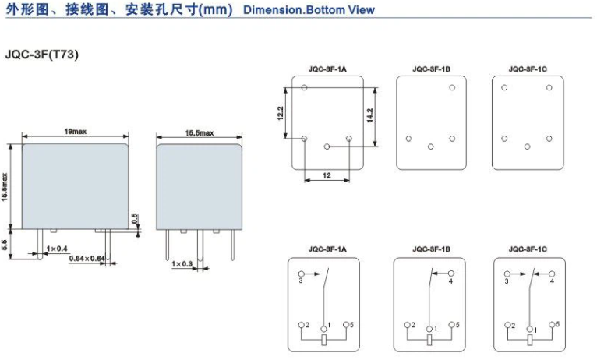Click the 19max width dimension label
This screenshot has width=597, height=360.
click(76, 131)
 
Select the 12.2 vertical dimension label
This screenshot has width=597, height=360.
click(281, 114)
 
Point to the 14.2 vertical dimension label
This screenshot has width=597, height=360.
click(369, 115)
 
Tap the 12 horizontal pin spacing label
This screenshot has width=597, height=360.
click(327, 175)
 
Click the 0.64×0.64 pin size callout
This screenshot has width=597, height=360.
click(87, 259)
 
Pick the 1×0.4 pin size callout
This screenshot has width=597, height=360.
click(57, 249)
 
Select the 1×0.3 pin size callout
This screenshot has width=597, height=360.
click(182, 263)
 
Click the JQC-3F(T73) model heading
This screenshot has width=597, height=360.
click(42, 55)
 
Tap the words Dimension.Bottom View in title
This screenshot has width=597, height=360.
click(309, 10)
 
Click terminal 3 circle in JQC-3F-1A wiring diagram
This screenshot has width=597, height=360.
click(301, 274)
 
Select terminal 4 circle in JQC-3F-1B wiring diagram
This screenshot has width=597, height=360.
click(451, 274)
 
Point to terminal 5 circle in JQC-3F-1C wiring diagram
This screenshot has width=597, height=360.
click(552, 325)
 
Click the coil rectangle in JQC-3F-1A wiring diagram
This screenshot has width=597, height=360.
click(324, 340)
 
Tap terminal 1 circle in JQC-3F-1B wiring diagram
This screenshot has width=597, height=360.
click(429, 329)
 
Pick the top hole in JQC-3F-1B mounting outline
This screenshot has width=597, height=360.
click(452, 87)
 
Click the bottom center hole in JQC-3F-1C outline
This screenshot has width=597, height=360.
click(528, 146)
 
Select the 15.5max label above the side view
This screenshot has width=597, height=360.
click(200, 132)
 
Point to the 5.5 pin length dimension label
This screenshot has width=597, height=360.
click(4, 245)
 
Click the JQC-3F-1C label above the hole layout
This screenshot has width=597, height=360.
click(528, 69)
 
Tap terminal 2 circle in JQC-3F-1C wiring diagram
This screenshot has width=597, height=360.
click(507, 325)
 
